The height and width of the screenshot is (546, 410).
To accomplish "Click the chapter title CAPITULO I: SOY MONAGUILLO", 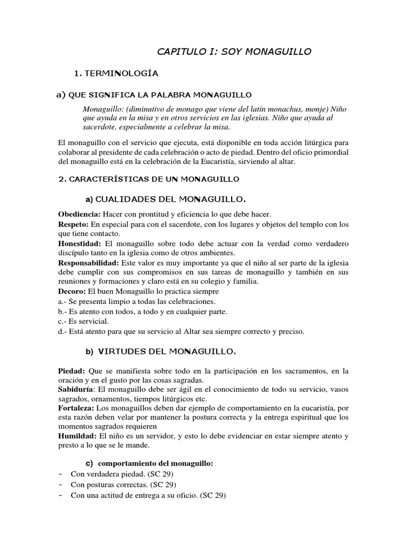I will pyautogui.click(x=233, y=51).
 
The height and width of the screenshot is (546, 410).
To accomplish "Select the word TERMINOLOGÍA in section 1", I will pyautogui.click(x=123, y=72).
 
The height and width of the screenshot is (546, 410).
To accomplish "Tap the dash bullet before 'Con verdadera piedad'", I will pyautogui.click(x=60, y=474).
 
